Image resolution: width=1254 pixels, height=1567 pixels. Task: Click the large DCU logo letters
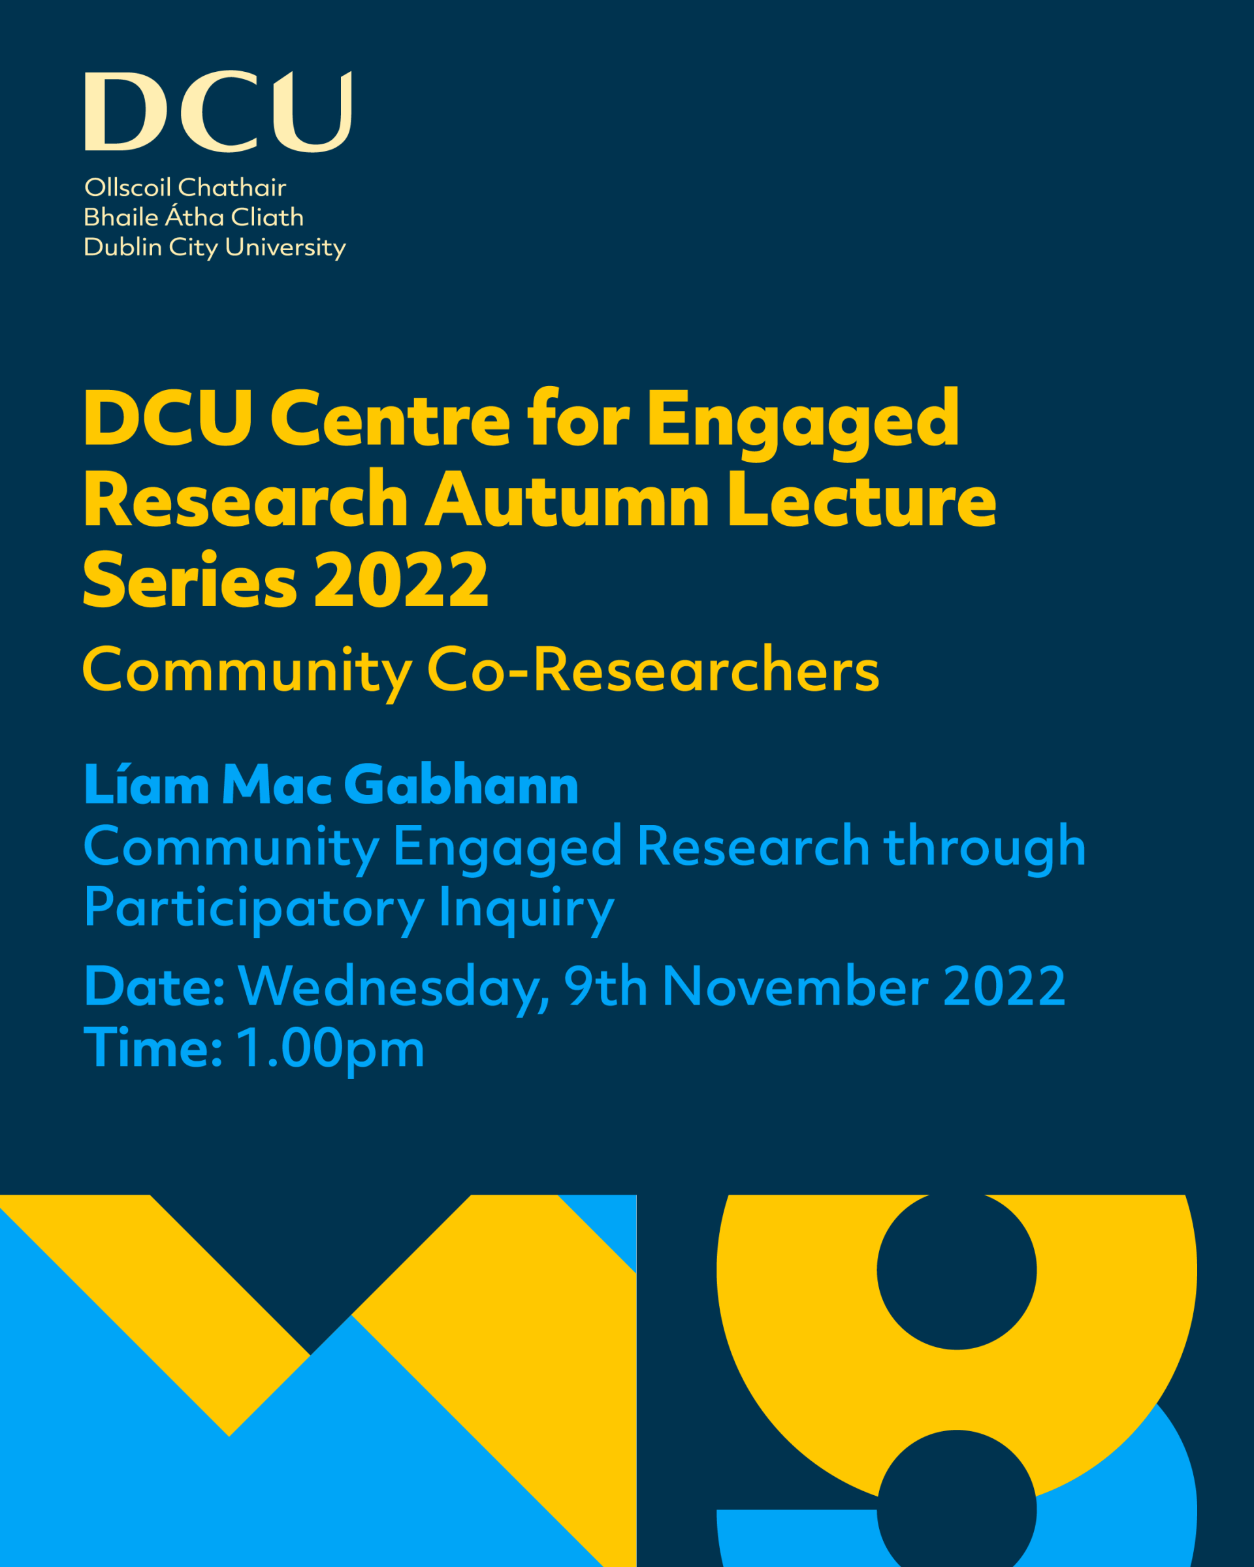click(218, 111)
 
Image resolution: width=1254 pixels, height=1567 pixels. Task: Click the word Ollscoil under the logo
click(128, 187)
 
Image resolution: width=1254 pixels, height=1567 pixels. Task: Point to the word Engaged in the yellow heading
click(803, 423)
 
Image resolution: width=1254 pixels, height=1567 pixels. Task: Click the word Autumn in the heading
click(567, 501)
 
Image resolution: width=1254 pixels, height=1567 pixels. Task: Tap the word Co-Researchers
click(653, 670)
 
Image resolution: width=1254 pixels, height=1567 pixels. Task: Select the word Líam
click(147, 785)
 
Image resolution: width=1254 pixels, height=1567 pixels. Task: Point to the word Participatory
click(254, 909)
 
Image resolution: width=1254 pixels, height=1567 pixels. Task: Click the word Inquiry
click(526, 909)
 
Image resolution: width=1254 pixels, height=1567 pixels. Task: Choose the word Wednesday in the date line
click(393, 988)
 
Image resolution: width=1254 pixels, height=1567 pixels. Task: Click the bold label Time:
click(153, 1048)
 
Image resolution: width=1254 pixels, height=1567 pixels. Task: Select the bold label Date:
click(155, 987)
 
